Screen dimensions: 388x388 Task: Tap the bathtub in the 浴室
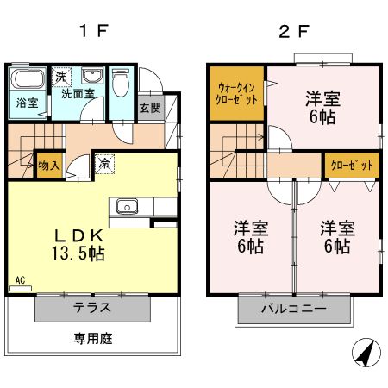[x=28, y=82]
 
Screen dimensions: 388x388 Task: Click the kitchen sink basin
[x=126, y=206]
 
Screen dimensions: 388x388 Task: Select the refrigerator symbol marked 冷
[x=104, y=162]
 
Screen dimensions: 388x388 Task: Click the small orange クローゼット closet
[x=350, y=165]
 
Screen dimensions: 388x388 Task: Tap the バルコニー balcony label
[x=294, y=308]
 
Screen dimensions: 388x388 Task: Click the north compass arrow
[x=365, y=353]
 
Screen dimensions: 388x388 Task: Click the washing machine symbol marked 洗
[x=60, y=76]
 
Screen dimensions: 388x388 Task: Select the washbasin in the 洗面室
[x=91, y=76]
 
